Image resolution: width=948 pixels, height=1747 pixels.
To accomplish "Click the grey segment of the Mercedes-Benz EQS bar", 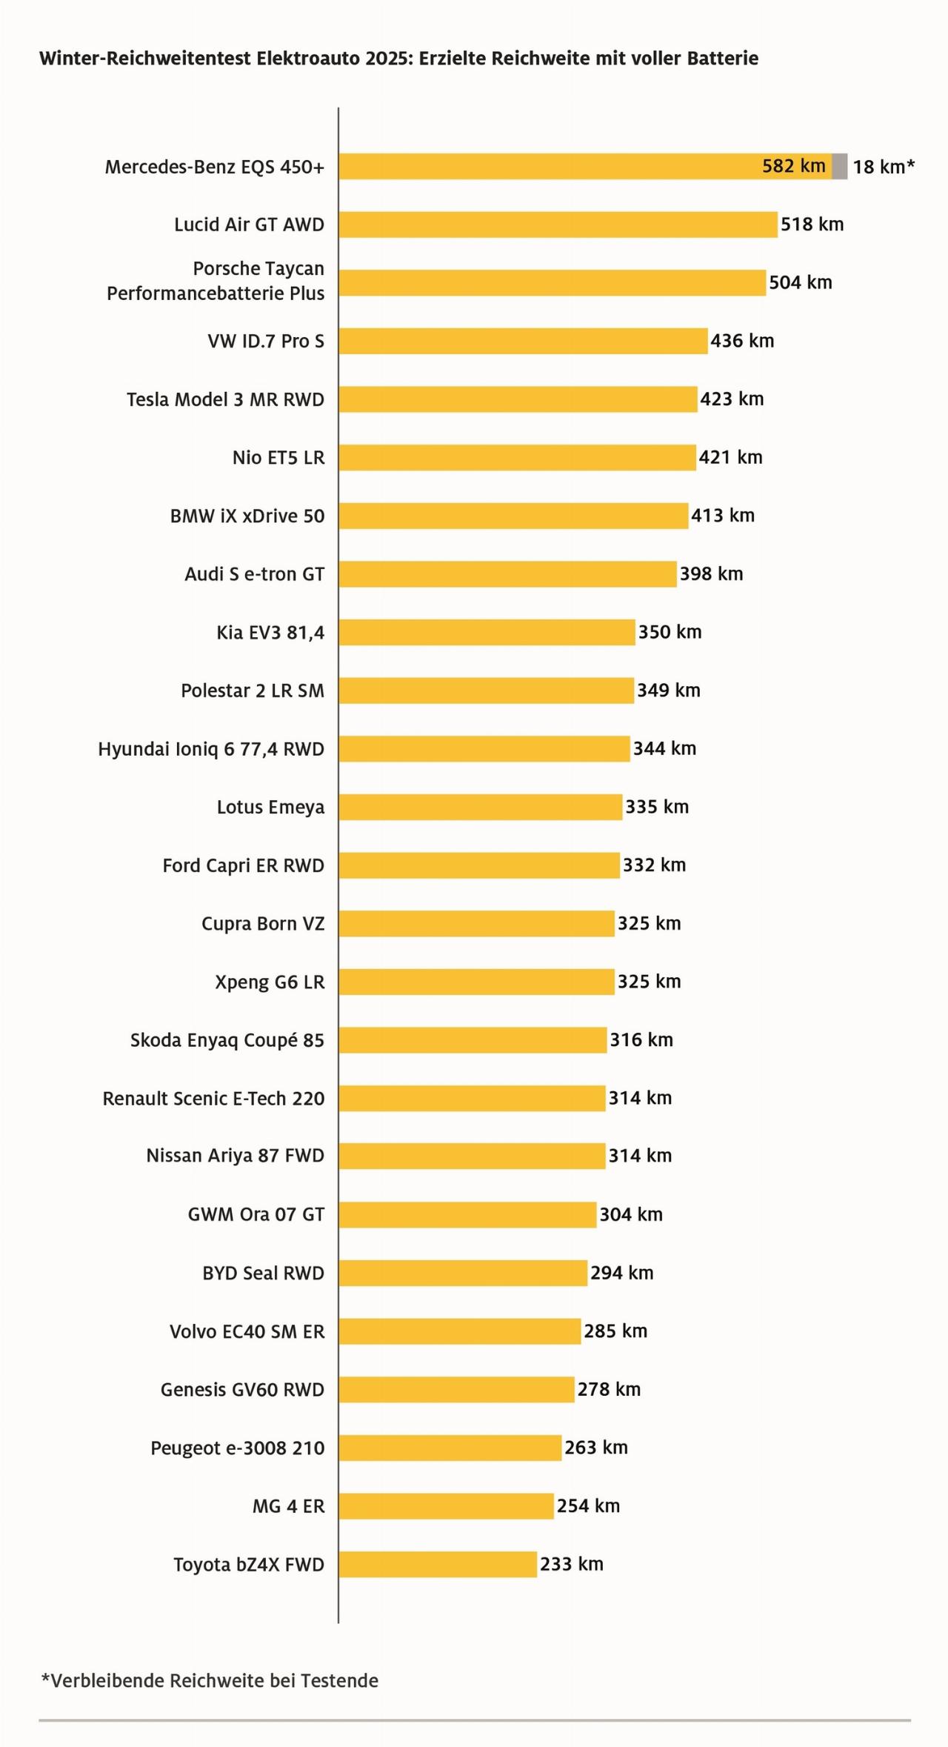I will click(839, 166).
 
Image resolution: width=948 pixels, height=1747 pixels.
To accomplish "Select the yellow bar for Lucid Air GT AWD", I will click(558, 224).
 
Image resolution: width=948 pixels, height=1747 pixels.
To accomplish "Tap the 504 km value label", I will click(800, 282).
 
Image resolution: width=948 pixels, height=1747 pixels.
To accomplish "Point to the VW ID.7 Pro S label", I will click(266, 341).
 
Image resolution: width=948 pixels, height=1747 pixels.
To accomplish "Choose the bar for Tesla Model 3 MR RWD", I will click(518, 399).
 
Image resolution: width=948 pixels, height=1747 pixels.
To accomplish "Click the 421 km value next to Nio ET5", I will click(730, 457).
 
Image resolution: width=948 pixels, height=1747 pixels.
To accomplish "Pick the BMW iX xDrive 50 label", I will click(247, 516).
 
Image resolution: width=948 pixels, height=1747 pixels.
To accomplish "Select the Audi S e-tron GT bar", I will click(507, 574).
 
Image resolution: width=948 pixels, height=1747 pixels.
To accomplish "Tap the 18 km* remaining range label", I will click(884, 167).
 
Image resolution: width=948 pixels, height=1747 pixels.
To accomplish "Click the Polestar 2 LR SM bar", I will click(486, 691).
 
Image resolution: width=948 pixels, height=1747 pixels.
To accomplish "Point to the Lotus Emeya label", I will click(270, 807).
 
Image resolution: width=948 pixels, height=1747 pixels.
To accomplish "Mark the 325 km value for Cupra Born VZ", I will click(649, 923).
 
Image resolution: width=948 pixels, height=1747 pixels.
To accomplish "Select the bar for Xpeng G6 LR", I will click(476, 982).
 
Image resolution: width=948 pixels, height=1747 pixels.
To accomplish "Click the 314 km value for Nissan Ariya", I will click(640, 1156).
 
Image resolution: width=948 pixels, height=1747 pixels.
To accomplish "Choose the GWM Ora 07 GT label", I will click(256, 1214).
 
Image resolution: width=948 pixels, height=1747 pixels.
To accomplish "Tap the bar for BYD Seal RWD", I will click(463, 1273).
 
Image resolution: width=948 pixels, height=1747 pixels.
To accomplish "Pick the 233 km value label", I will click(571, 1564).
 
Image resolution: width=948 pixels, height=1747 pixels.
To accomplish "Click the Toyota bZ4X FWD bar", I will click(438, 1565).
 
